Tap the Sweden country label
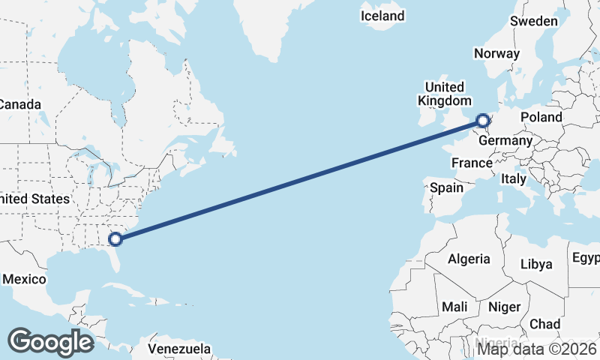tap(533, 21)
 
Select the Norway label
tap(496, 53)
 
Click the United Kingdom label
tap(445, 94)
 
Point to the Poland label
tap(541, 117)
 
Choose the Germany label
tap(505, 140)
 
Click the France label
tap(472, 163)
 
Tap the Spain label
tap(446, 188)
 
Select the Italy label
tap(514, 179)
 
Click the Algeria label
tap(469, 259)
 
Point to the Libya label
tap(535, 264)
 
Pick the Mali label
tap(454, 307)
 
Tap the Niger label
tap(504, 307)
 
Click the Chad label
tap(544, 324)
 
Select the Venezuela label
tap(178, 349)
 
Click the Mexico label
tap(24, 279)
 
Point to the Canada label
tap(20, 105)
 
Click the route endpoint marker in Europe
tap(483, 119)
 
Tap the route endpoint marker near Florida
tap(115, 239)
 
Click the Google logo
tap(50, 341)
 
